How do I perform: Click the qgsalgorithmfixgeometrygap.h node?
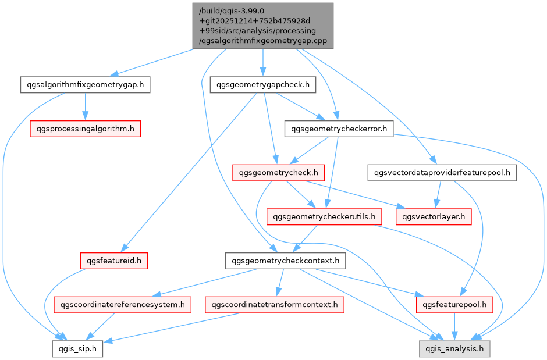85,85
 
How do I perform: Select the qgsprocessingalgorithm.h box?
85,129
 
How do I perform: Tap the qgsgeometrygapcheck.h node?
263,85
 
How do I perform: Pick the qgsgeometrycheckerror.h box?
339,129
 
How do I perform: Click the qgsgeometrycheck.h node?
278,172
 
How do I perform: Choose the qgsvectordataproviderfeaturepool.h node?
442,172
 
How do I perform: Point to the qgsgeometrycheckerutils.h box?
324,216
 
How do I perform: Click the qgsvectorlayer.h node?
434,216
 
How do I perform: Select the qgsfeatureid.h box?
113,260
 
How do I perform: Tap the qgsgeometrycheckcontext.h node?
285,260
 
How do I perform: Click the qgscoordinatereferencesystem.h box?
123,304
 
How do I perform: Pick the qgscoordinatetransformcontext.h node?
274,304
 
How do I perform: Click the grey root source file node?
263,26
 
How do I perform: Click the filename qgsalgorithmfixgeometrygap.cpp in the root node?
263,42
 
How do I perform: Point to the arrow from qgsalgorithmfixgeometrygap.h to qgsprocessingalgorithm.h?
85,107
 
